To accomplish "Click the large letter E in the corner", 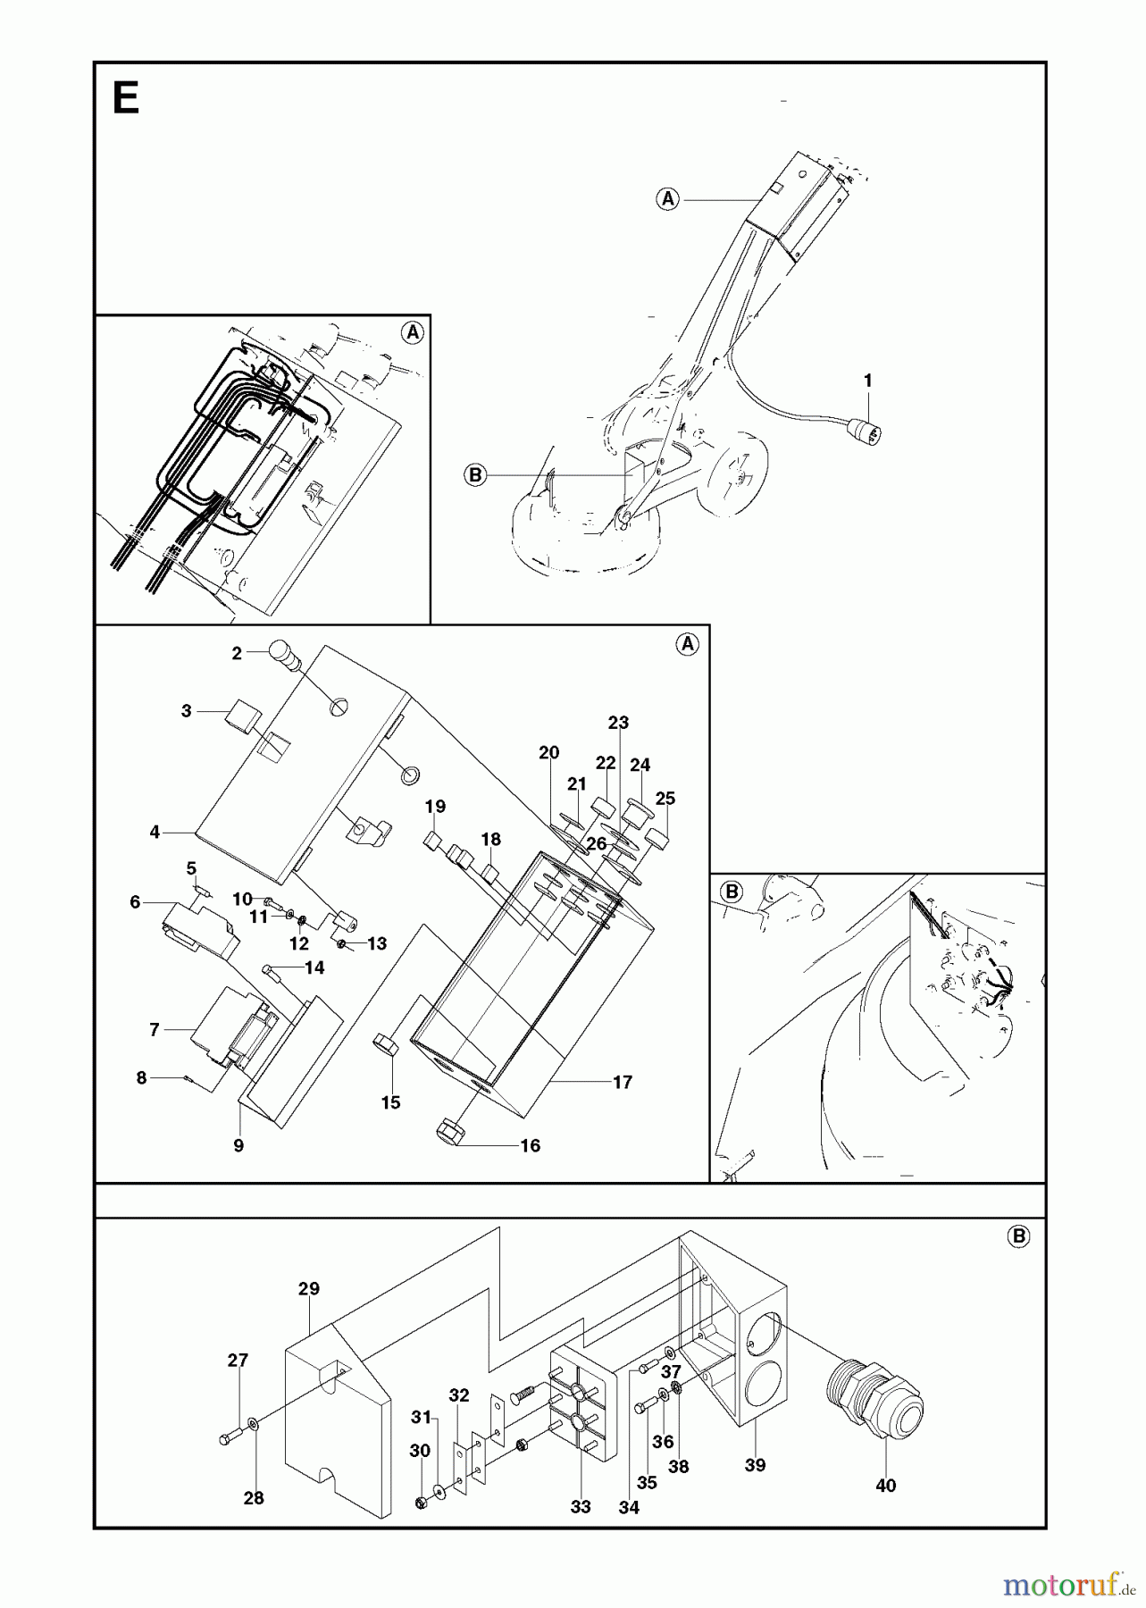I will click(126, 98).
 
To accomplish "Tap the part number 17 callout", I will click(623, 1083).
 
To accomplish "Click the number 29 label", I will click(308, 1288).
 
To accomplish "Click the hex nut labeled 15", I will click(385, 1044).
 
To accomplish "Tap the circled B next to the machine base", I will click(475, 475).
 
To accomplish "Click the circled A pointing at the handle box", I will click(668, 199).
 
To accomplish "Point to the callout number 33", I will click(581, 1507).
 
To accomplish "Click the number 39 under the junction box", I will click(755, 1465).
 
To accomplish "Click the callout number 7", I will click(155, 1030).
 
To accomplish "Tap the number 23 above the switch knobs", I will click(618, 723).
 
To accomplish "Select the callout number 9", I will click(238, 1145).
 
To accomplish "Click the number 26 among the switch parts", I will click(597, 843).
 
